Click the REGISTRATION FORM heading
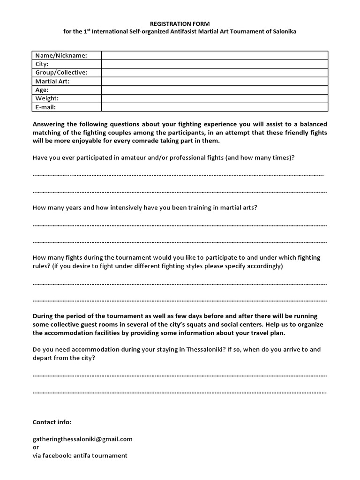click(180, 22)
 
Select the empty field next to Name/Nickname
click(214, 55)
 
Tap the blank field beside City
click(214, 64)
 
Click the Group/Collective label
click(61, 73)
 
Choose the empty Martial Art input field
click(214, 81)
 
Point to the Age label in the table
click(42, 90)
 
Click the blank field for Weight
click(214, 98)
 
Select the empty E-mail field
click(214, 107)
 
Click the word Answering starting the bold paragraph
click(49, 124)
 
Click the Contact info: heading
click(52, 422)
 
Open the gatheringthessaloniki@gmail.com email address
click(82, 439)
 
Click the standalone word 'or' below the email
click(36, 447)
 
